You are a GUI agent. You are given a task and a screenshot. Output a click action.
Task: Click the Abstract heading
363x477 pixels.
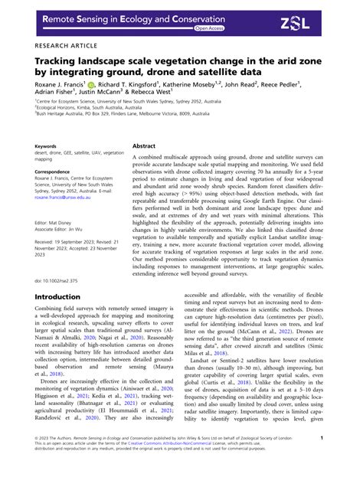[144, 145]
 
